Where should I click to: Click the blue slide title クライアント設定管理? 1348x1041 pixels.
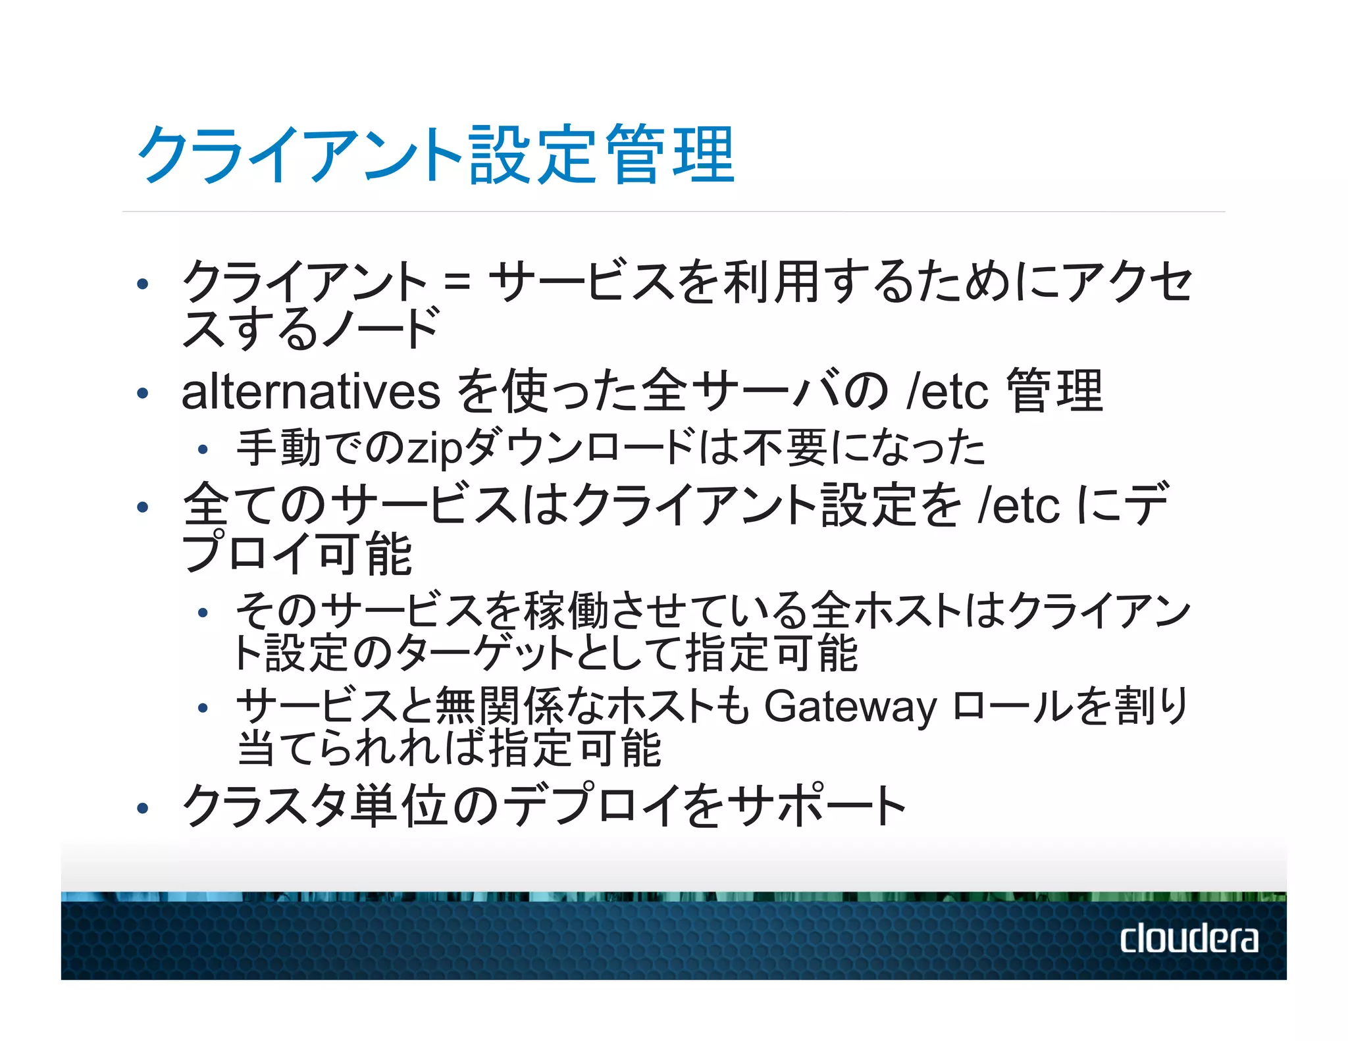(435, 155)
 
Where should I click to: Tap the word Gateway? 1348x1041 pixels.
(850, 706)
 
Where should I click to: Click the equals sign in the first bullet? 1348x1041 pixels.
(457, 284)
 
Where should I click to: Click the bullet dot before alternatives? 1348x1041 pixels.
(142, 394)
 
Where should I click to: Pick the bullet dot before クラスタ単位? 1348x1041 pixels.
(142, 808)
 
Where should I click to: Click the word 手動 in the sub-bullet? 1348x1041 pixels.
(280, 447)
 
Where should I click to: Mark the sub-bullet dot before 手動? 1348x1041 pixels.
(203, 450)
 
